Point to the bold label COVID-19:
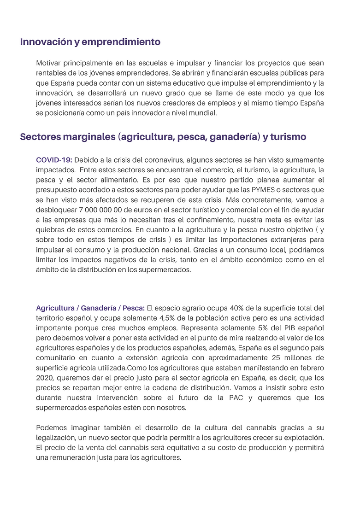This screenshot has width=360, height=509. (54, 160)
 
